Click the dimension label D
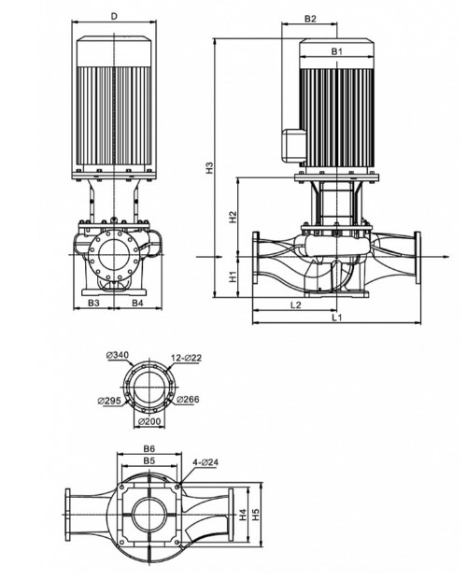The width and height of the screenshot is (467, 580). (x=114, y=16)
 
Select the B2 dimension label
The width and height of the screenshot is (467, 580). (x=310, y=19)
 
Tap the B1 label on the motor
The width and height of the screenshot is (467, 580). (x=336, y=51)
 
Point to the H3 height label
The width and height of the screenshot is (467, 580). (x=210, y=167)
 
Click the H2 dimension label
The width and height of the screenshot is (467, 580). (x=233, y=217)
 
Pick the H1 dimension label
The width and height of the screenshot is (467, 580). (x=233, y=276)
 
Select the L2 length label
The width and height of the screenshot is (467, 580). (x=295, y=304)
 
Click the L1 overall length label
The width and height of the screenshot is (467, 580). (x=336, y=318)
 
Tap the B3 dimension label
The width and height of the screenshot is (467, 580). (x=93, y=303)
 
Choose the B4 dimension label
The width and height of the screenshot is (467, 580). (x=137, y=303)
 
